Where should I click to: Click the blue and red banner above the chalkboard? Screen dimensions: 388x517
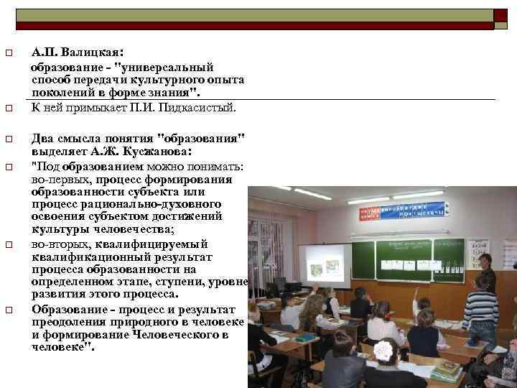click(x=401, y=211)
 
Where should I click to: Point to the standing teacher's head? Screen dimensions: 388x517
click(x=485, y=261)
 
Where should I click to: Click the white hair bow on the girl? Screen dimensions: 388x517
click(x=383, y=350)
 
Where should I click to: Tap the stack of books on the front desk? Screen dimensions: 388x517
click(x=446, y=370)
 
